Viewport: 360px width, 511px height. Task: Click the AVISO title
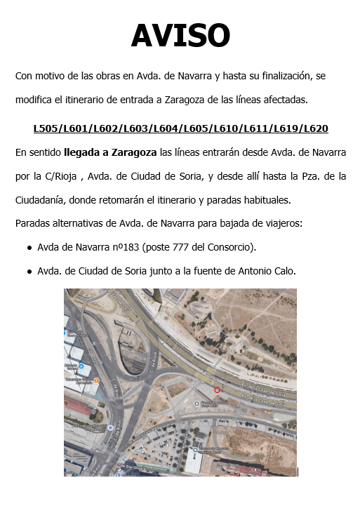click(180, 36)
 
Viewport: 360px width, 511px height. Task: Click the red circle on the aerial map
click(217, 390)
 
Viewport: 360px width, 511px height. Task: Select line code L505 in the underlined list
click(46, 129)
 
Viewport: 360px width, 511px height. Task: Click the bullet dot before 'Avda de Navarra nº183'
click(29, 248)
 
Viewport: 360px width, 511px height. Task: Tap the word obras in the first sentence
click(103, 75)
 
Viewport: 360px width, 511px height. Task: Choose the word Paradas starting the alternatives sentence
click(32, 225)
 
